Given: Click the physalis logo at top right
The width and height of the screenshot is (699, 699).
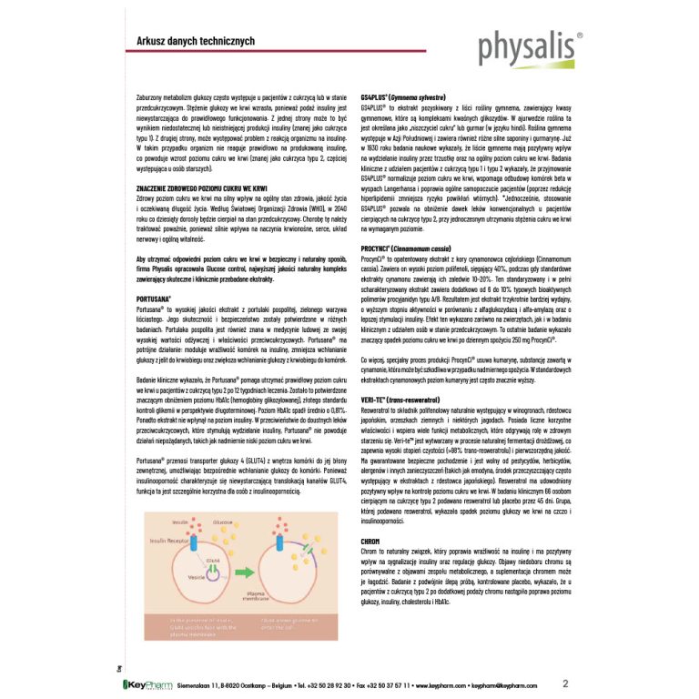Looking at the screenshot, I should (x=531, y=46).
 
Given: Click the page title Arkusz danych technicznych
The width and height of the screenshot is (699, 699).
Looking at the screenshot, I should (x=182, y=41).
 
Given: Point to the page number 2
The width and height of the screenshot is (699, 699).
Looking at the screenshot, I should (x=566, y=683).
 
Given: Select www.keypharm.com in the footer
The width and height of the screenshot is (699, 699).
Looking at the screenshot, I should (x=440, y=684).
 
